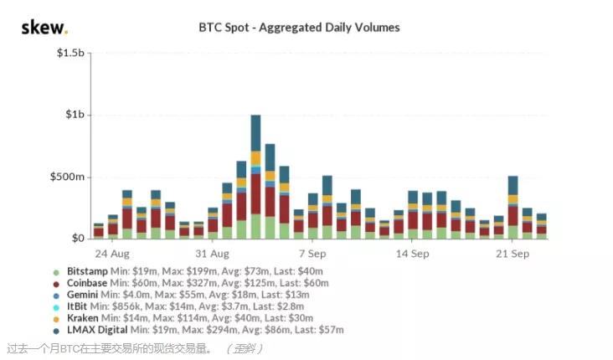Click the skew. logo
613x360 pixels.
[44, 28]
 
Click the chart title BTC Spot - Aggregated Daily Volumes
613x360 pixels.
[299, 28]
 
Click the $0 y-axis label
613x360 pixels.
[78, 239]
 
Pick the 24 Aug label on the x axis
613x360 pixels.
[111, 254]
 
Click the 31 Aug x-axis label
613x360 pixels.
[213, 254]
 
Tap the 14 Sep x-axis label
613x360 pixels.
[413, 254]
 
